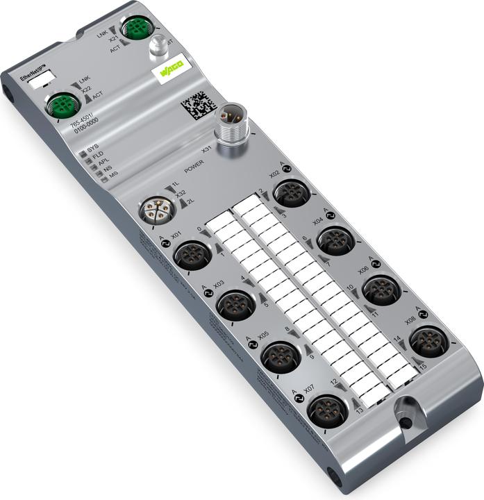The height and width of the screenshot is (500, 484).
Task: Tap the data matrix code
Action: point(197,106)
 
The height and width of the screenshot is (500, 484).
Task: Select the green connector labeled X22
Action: point(61,106)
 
